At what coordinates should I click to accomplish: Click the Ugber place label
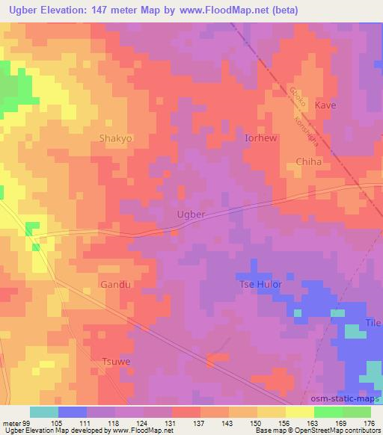[x=190, y=214]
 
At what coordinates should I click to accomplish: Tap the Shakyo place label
[x=115, y=138]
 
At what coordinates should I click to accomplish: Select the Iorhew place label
[x=262, y=138]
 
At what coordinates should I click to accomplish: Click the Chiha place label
[x=308, y=161]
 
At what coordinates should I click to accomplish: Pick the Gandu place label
[x=115, y=285]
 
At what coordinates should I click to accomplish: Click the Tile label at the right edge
[x=373, y=322]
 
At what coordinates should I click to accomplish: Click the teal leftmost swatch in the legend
[x=43, y=412]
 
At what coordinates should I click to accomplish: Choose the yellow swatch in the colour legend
[x=299, y=412]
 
